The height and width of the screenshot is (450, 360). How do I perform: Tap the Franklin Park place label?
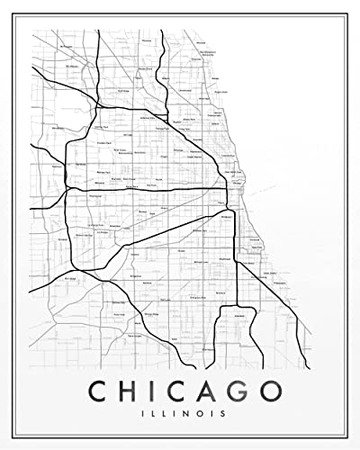101,144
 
